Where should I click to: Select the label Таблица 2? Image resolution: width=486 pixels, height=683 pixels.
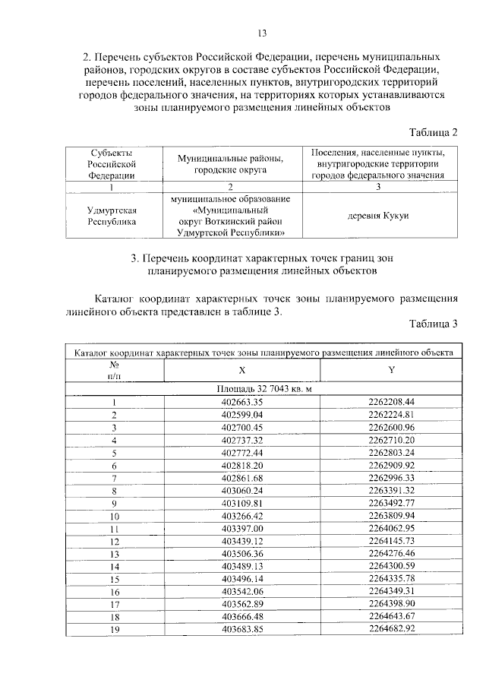(x=432, y=132)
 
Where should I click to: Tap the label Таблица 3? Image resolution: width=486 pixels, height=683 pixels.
(x=432, y=324)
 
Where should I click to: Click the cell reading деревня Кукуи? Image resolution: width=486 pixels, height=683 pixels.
(x=377, y=216)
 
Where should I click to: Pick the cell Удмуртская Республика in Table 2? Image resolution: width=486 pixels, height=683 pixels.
(x=112, y=216)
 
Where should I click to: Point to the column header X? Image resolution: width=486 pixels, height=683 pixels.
(x=242, y=370)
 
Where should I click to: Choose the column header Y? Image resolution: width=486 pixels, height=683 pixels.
(x=390, y=370)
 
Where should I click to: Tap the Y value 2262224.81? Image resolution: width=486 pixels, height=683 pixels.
(x=390, y=415)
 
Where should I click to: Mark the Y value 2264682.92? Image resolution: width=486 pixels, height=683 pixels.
(x=390, y=629)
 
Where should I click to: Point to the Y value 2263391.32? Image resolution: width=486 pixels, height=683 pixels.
(x=390, y=490)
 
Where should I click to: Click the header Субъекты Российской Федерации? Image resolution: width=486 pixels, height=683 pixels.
(x=112, y=163)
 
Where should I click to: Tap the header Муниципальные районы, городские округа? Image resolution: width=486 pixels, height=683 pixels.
(x=230, y=163)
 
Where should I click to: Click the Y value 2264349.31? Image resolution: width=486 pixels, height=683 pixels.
(x=390, y=591)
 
